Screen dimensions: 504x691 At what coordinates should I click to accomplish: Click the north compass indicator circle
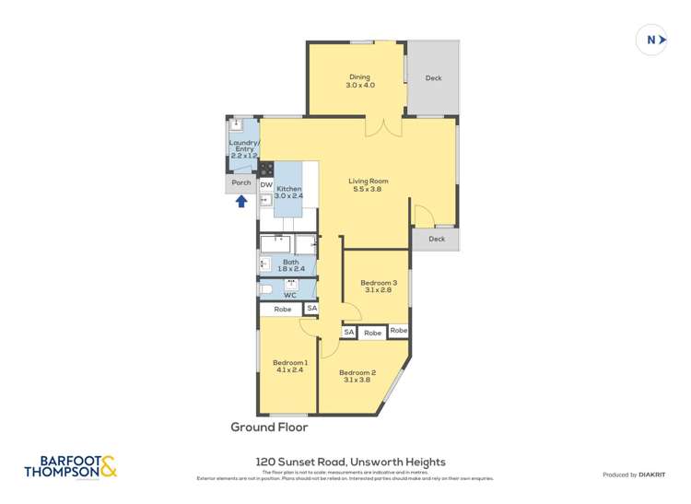click(651, 40)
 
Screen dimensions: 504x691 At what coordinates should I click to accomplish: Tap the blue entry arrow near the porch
click(240, 201)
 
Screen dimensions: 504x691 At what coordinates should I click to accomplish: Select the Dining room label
click(359, 81)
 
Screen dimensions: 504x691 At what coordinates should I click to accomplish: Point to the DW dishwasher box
click(266, 185)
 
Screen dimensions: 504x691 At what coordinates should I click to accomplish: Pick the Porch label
click(241, 182)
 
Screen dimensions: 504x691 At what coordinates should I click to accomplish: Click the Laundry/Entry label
click(243, 149)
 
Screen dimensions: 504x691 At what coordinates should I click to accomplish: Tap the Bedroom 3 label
click(379, 287)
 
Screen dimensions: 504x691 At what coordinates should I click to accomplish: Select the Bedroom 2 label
click(362, 376)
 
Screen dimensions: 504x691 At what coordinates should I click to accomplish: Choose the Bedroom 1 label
click(289, 366)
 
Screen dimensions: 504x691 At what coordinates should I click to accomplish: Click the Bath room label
click(290, 265)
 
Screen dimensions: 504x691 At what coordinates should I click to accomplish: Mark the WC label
click(289, 295)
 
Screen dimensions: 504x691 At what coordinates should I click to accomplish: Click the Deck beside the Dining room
click(433, 78)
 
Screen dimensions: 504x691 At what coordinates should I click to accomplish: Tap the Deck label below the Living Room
click(436, 239)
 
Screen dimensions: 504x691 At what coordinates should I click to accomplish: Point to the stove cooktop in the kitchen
click(266, 169)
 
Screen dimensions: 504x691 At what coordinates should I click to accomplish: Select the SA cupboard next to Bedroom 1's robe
click(311, 309)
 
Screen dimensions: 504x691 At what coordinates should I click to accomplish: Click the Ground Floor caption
click(269, 428)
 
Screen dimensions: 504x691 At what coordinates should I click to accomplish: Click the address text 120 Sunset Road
click(349, 462)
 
